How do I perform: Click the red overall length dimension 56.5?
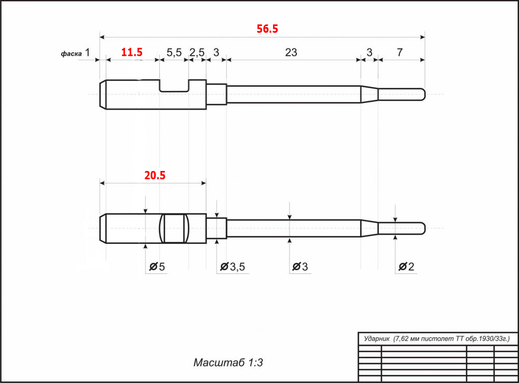tap(267, 29)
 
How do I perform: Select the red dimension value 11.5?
tap(132, 52)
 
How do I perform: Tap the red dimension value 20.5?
tap(155, 175)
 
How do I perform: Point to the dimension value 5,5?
tap(174, 52)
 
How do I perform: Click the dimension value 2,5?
tap(197, 52)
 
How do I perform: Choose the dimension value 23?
tap(291, 52)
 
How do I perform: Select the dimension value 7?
tap(400, 52)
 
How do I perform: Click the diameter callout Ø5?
tap(157, 267)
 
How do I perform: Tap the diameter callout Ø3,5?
tap(233, 267)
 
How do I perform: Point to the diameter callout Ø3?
tap(300, 267)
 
